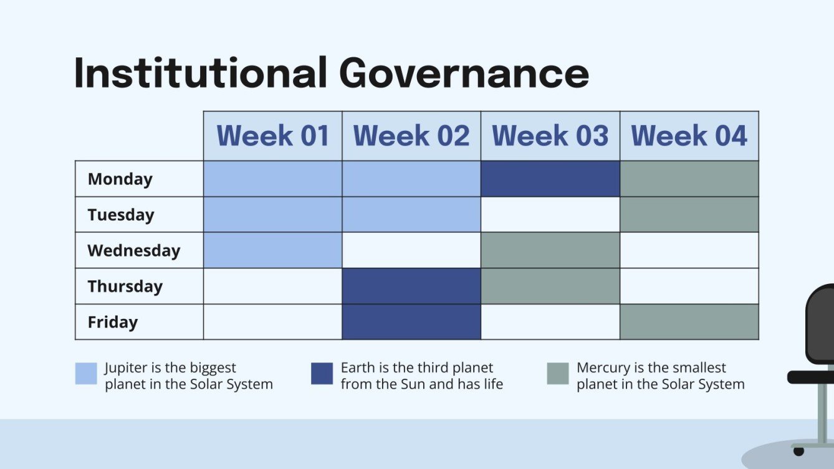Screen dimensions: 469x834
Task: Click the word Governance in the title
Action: pos(464,73)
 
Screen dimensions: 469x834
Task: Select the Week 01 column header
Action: pos(272,136)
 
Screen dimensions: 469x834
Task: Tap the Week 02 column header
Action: pos(411,136)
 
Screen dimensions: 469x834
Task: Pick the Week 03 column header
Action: pos(550,136)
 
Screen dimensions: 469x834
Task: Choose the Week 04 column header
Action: pos(689,136)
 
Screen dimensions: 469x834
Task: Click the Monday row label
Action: pos(120,179)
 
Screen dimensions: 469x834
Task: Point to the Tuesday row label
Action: pos(121,215)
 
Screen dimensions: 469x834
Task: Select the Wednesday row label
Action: pos(133,250)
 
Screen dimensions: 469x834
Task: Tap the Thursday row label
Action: pos(125,287)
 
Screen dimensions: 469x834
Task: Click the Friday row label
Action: pos(113,322)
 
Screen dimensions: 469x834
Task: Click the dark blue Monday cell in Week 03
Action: pos(550,179)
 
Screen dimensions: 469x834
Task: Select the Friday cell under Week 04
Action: pos(689,322)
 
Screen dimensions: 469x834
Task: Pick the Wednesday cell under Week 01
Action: pos(272,250)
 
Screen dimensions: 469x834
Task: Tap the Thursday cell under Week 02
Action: pos(411,287)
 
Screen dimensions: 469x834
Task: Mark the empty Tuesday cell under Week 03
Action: pos(550,215)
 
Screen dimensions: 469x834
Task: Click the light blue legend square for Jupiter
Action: pos(86,374)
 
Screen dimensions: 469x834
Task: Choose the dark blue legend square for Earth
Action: pos(322,374)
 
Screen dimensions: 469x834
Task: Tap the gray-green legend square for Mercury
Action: pos(558,374)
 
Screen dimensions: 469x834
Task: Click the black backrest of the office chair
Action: pos(822,324)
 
